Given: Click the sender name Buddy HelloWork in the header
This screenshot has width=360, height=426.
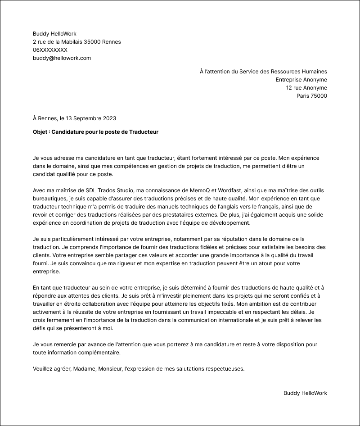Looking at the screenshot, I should click(54, 34).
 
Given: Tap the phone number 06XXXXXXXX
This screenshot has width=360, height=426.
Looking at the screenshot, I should click(50, 50).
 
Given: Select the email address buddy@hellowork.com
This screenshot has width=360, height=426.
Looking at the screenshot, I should click(62, 58).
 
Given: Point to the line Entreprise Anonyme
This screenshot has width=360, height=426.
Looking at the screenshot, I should click(301, 80).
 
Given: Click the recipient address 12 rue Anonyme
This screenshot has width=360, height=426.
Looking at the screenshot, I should click(306, 88).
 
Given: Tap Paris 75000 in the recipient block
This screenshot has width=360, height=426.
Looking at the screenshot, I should click(311, 96).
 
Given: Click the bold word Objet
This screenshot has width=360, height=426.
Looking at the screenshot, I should click(41, 132).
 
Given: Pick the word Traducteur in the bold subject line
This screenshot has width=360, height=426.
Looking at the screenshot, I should click(144, 132).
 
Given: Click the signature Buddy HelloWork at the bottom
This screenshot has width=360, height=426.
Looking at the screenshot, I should click(305, 393).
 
